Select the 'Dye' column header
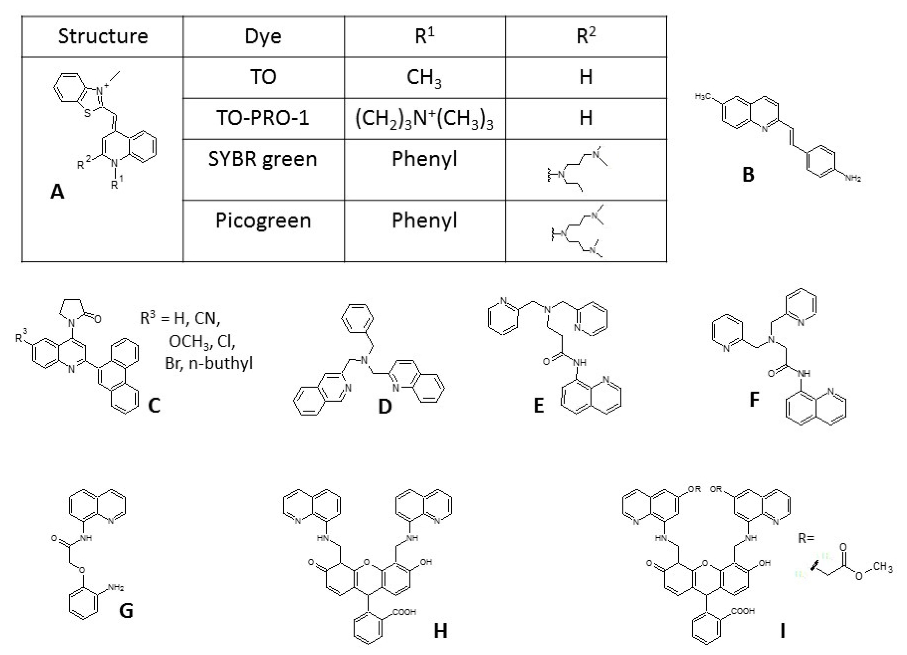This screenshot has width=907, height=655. [x=263, y=36]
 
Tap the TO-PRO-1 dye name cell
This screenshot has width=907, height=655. [x=263, y=118]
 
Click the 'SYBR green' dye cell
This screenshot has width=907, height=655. [x=263, y=159]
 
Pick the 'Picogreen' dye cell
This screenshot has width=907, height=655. [x=263, y=220]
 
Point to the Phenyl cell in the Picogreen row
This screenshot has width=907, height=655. [x=424, y=220]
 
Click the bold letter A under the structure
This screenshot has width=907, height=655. [x=57, y=192]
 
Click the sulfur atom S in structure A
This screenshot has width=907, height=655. [x=87, y=114]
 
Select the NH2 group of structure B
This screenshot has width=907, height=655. [x=853, y=178]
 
